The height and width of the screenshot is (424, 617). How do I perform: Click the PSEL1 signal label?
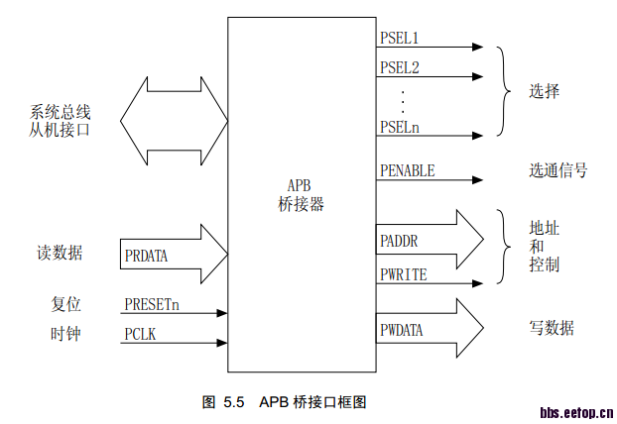[400, 38]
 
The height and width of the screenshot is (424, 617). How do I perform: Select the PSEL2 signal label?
[400, 68]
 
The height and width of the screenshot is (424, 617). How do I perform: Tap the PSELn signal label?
[400, 126]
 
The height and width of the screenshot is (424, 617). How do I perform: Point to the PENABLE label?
[407, 171]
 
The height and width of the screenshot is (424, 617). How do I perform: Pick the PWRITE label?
[404, 274]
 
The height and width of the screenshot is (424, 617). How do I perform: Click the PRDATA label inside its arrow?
[147, 256]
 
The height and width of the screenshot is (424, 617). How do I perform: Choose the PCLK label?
[140, 336]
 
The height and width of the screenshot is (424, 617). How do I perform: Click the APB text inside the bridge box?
[300, 186]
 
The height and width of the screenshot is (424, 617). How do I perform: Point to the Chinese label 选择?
[545, 91]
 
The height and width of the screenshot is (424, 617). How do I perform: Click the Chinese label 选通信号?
[557, 170]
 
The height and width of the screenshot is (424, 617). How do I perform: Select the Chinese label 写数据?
[552, 328]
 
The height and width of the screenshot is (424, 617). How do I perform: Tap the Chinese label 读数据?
[60, 254]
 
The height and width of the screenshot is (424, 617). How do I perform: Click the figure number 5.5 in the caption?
[233, 402]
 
